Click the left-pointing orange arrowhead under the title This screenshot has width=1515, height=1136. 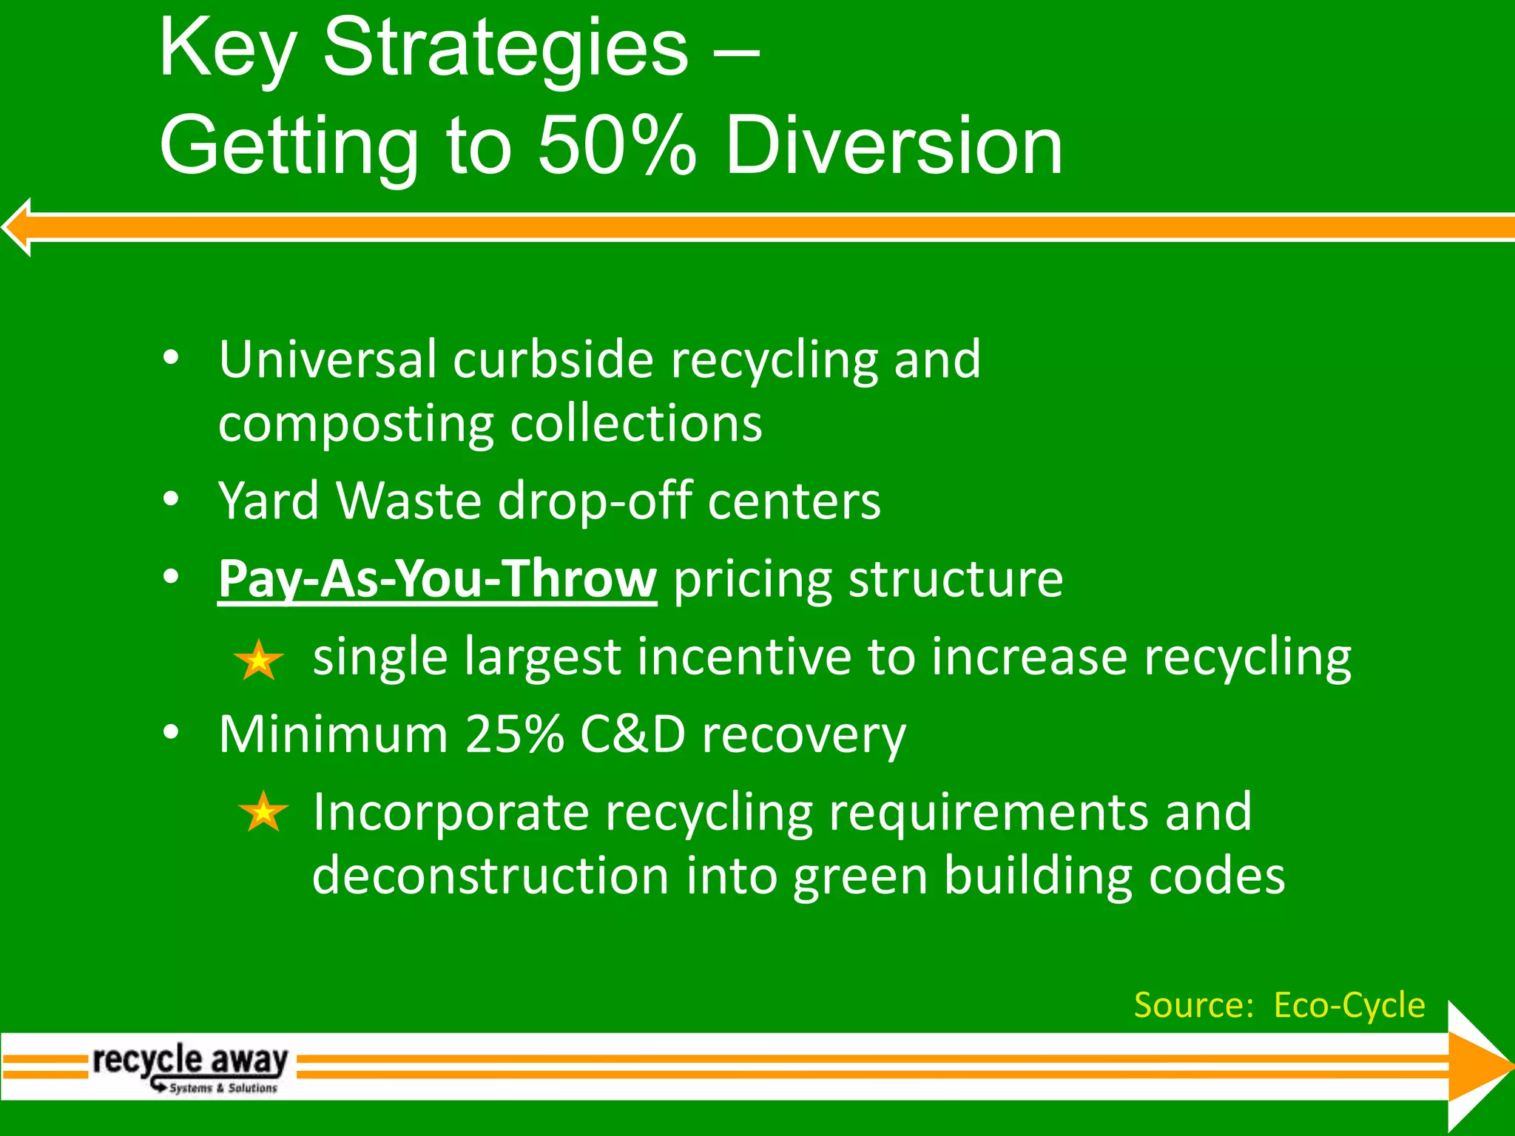tap(19, 227)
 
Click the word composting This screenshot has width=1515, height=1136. tap(355, 425)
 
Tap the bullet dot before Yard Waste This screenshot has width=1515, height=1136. tap(172, 500)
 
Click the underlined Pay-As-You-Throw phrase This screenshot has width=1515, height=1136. tap(436, 578)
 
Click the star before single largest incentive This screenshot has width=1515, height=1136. tap(258, 660)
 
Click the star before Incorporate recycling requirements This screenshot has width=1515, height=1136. tap(263, 812)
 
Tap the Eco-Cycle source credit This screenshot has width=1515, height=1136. tap(1349, 1005)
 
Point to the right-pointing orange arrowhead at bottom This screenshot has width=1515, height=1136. tap(1476, 1066)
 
